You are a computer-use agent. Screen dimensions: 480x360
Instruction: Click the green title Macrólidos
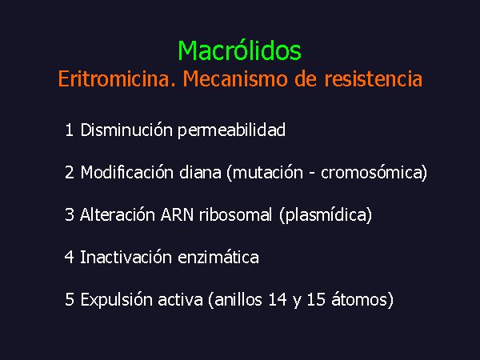(240, 50)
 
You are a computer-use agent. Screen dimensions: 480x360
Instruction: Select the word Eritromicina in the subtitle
(116, 78)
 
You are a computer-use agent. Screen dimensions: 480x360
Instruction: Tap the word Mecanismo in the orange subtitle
(235, 78)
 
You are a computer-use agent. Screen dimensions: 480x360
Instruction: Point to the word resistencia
(374, 78)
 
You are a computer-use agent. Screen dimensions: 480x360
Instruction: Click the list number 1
(69, 130)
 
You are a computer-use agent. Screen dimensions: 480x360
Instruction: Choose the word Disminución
(126, 130)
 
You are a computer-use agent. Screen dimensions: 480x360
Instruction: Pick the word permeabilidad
(232, 130)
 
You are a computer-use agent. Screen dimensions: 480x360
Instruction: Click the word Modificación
(127, 172)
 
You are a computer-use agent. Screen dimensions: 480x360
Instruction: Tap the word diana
(200, 172)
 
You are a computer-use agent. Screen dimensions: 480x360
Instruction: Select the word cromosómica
(371, 172)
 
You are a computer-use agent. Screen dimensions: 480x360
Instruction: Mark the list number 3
(69, 214)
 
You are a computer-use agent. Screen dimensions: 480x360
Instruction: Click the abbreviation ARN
(178, 214)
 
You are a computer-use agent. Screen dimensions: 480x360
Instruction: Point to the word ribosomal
(236, 214)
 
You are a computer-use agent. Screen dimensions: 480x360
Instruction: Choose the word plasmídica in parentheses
(326, 215)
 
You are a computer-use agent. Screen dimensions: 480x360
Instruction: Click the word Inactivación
(126, 257)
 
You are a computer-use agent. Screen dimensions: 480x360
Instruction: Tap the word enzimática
(218, 257)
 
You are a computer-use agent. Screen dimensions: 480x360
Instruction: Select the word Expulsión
(118, 300)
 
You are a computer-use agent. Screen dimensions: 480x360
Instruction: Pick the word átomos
(358, 299)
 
